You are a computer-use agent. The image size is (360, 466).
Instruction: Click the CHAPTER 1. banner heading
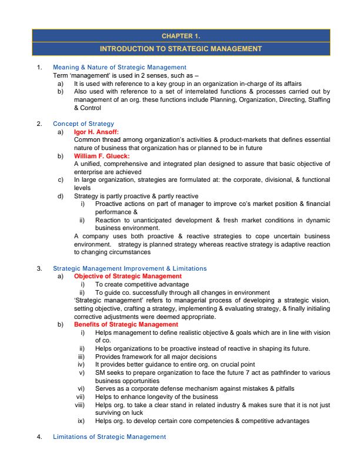[181, 35]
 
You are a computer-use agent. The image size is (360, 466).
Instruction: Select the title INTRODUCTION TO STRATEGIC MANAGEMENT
[181, 48]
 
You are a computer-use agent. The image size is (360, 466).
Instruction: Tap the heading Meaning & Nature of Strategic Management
[119, 68]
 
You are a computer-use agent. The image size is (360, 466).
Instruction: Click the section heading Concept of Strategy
[83, 124]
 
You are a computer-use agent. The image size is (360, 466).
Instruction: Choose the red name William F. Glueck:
[102, 156]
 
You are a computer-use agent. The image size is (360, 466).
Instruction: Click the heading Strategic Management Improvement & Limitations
[129, 268]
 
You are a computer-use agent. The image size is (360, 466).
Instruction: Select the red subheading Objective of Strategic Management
[128, 276]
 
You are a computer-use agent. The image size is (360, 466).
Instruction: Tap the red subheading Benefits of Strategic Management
[126, 324]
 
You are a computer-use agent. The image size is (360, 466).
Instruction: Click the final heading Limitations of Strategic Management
[109, 437]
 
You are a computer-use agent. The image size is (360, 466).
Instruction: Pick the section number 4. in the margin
[39, 437]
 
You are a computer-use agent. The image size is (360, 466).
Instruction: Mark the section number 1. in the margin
[39, 68]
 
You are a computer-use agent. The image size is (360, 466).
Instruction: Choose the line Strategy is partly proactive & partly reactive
[136, 196]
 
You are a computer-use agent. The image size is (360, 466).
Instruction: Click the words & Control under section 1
[87, 108]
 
